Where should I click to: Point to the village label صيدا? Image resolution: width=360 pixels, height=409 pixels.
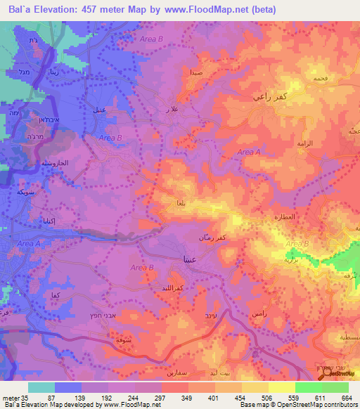click(x=196, y=72)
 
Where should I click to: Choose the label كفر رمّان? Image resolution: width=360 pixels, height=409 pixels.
click(x=231, y=240)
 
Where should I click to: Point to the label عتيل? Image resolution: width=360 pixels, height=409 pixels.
click(x=99, y=110)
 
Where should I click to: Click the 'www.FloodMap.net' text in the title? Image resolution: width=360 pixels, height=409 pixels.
click(x=198, y=10)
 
